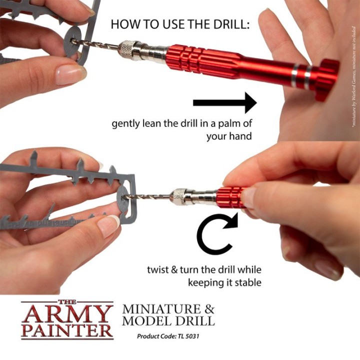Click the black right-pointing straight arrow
coord(224,102)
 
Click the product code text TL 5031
coord(187,336)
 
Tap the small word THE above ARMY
coord(67,301)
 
